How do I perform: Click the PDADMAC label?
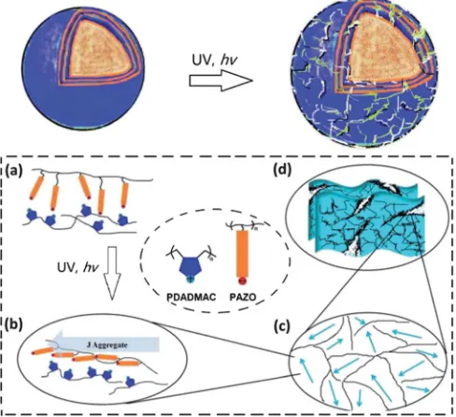(192, 297)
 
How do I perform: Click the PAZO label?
(243, 297)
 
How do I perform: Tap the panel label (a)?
(14, 171)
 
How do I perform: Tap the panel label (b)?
(14, 324)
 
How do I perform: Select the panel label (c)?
(281, 326)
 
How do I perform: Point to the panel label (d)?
(281, 170)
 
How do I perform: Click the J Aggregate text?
(107, 345)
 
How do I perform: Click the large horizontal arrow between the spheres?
(221, 80)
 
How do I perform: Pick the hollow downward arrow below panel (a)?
(111, 273)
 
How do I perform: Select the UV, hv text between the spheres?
(214, 60)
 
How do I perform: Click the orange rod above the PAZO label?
(243, 254)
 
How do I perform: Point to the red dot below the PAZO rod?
(242, 281)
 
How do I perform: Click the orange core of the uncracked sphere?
(100, 50)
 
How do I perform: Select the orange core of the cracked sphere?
(383, 53)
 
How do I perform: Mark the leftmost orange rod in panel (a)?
(36, 188)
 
